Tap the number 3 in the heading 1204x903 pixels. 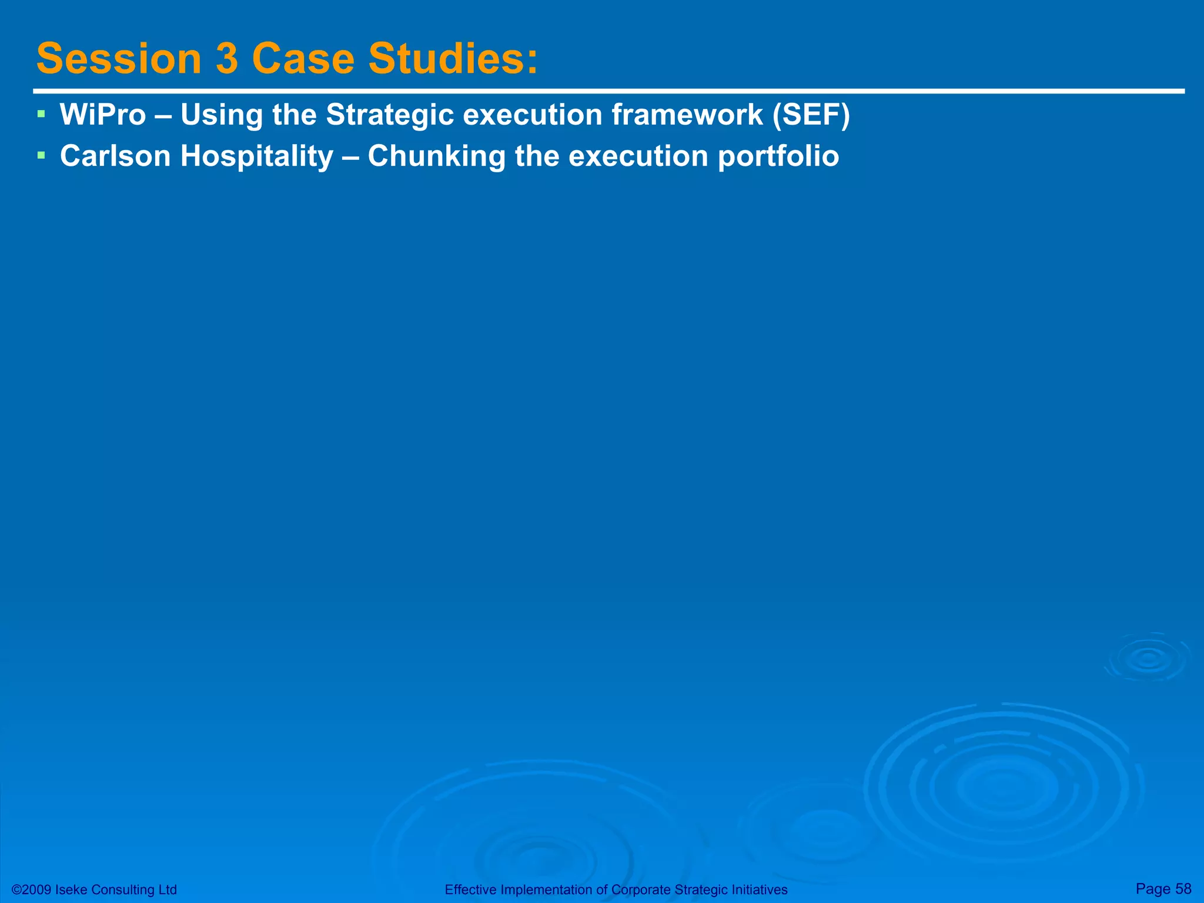[226, 59]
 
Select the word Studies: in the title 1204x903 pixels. [453, 59]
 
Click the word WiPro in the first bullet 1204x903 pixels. [103, 115]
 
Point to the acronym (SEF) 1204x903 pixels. [811, 115]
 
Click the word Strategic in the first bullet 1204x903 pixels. [390, 115]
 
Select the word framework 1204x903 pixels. [687, 115]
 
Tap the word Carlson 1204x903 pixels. [115, 156]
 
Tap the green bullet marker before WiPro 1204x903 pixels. [41, 113]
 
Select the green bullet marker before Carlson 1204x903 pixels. [41, 155]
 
